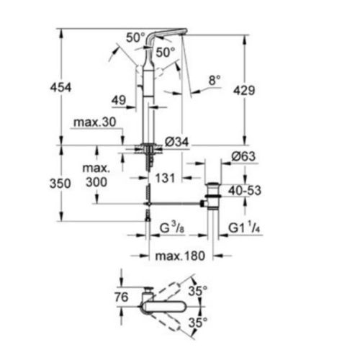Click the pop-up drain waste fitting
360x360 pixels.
pyautogui.click(x=214, y=202)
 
